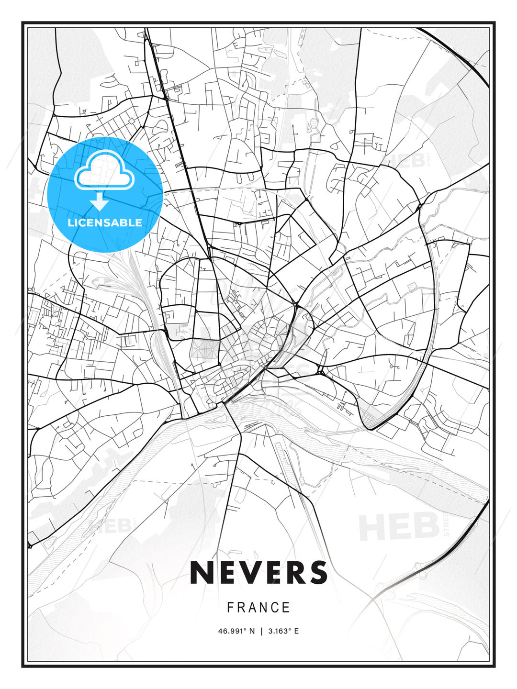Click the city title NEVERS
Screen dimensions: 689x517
[258, 572]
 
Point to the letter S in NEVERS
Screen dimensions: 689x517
[317, 572]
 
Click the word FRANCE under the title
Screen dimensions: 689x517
[258, 608]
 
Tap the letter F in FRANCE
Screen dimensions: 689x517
[230, 608]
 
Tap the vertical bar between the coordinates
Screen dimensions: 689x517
[261, 631]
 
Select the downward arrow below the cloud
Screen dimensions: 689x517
[100, 202]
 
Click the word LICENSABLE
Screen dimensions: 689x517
[105, 222]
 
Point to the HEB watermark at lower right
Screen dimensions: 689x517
[399, 526]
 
